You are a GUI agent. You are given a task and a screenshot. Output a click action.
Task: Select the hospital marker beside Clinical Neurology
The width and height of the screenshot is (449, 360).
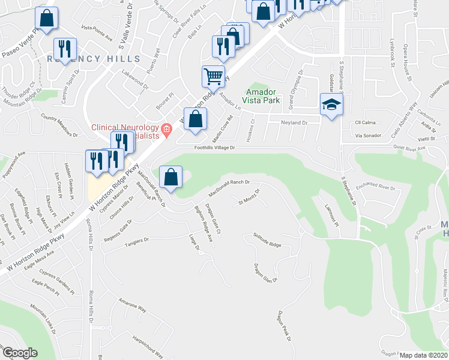[167, 127]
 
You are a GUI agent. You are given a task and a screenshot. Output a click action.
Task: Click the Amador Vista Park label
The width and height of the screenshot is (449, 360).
[262, 96]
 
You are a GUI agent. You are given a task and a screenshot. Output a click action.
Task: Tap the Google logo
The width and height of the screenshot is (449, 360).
[20, 353]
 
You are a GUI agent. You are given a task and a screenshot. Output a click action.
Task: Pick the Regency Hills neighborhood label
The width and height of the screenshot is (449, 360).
[93, 58]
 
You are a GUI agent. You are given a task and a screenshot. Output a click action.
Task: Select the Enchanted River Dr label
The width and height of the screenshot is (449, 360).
[376, 188]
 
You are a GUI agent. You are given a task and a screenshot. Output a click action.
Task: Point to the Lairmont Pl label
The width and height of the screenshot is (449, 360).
[331, 217]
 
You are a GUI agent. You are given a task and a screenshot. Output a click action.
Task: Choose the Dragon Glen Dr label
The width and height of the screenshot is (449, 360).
[265, 273]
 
